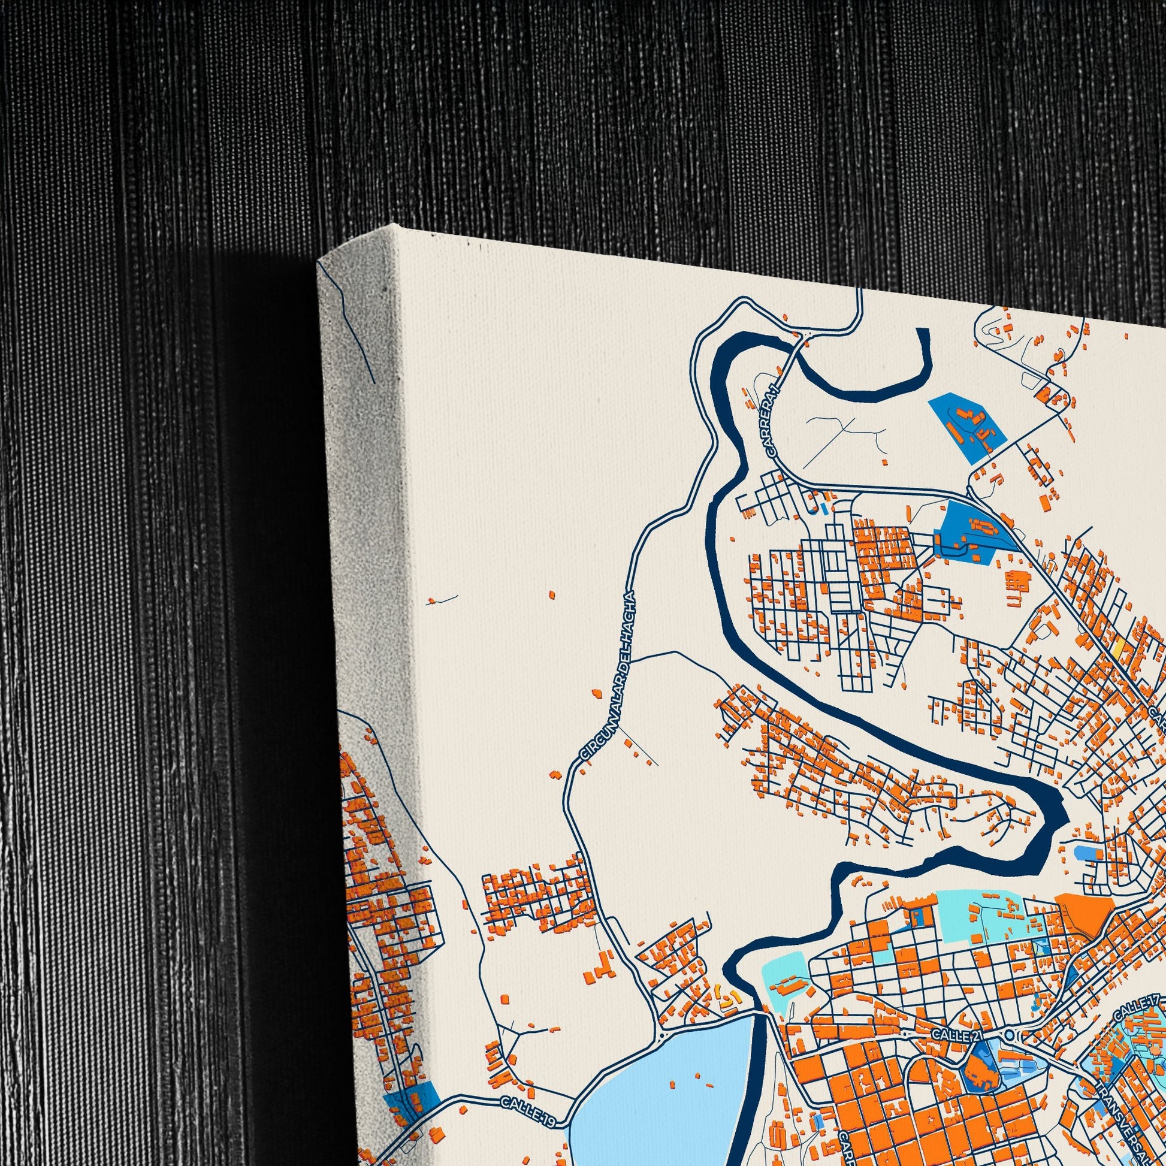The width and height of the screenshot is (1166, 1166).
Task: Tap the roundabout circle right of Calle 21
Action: (1009, 1035)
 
